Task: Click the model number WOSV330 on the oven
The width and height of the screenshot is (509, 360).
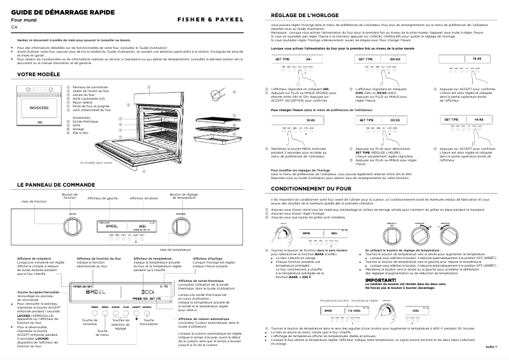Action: (36, 109)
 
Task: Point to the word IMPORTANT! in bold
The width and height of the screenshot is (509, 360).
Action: (381, 279)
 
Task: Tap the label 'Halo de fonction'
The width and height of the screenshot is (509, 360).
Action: (33, 201)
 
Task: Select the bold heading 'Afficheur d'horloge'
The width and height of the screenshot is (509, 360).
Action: (208, 258)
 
